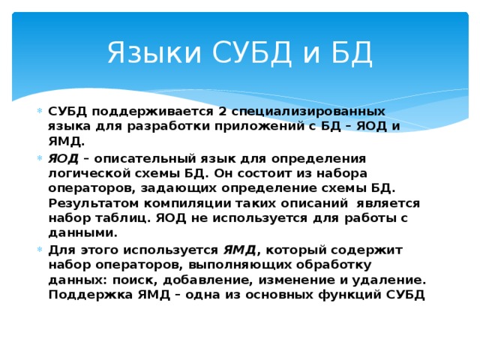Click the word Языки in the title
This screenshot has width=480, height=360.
click(149, 54)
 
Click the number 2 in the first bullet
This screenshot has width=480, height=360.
click(222, 112)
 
